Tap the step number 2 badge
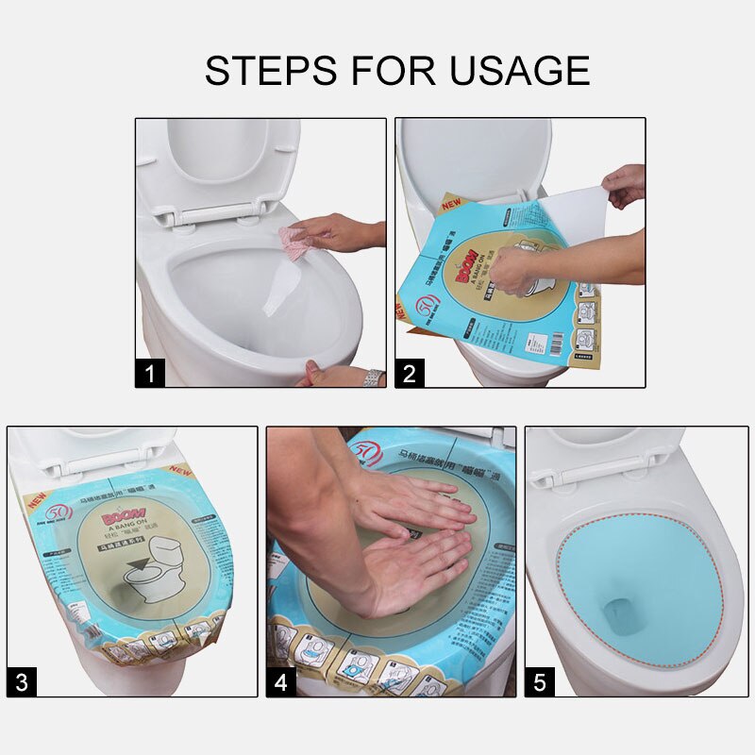pos(409,373)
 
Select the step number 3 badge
pos(22,681)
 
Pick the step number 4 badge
pos(280,681)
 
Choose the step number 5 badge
pos(539,681)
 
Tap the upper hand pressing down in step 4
pos(415,500)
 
